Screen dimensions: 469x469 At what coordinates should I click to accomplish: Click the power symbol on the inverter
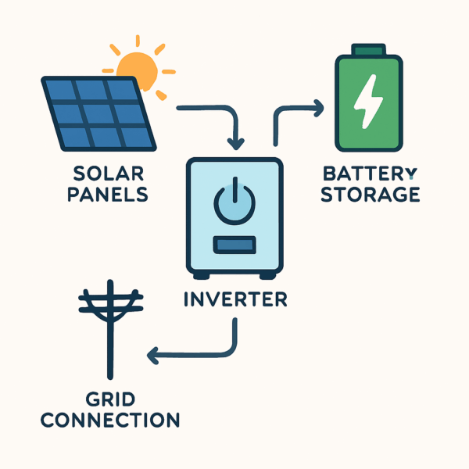[234, 201]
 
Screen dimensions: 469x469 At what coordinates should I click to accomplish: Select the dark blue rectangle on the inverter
[234, 245]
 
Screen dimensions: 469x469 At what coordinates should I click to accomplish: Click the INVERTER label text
[234, 299]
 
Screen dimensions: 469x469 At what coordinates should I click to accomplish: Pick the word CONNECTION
[110, 420]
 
